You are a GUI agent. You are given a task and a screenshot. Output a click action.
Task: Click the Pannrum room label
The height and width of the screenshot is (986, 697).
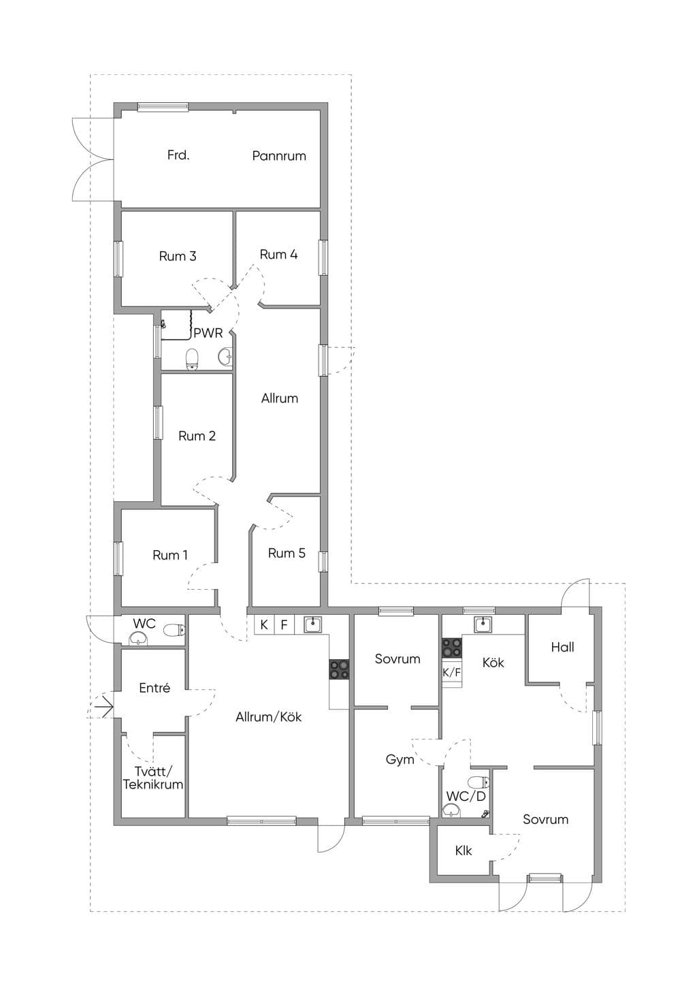click(279, 156)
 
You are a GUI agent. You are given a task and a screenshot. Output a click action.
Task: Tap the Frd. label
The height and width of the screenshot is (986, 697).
click(178, 155)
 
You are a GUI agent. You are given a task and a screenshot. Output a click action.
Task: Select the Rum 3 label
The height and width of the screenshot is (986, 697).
click(178, 256)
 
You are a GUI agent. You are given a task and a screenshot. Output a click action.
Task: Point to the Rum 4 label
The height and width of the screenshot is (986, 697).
click(278, 255)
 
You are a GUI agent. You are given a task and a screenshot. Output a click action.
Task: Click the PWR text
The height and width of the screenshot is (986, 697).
click(208, 333)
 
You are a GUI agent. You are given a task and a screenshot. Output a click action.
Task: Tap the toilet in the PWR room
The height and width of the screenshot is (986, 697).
click(192, 359)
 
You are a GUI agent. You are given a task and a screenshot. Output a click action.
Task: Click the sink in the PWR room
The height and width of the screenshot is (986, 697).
click(225, 357)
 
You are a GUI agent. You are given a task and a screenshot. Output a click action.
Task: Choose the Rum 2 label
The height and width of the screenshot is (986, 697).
click(197, 436)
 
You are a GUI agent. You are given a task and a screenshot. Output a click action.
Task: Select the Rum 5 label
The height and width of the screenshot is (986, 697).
click(287, 554)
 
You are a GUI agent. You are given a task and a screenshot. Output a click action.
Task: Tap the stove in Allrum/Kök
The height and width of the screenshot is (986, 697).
click(339, 669)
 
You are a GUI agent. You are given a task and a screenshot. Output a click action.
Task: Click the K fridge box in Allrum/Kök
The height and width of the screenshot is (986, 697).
click(265, 624)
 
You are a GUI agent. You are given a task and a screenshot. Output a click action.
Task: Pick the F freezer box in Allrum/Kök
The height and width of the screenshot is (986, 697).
click(285, 624)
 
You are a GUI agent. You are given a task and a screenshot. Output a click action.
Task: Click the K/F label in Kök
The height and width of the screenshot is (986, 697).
click(451, 672)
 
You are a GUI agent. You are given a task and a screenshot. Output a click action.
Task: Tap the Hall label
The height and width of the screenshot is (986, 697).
click(562, 647)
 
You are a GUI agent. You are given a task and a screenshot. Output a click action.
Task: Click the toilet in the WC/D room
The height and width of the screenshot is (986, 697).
click(479, 782)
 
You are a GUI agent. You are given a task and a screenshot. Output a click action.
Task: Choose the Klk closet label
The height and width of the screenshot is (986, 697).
click(464, 851)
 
